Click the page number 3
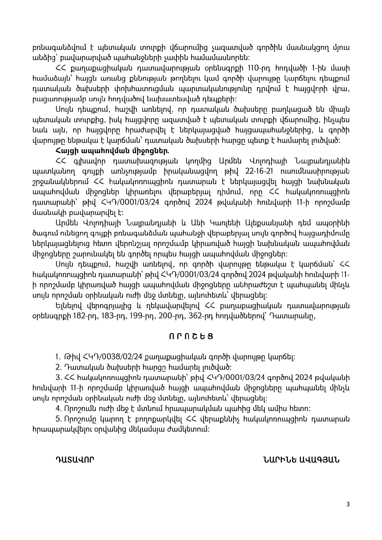(x=348, y=504)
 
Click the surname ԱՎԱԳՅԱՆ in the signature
(x=317, y=460)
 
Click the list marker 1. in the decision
(x=58, y=357)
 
